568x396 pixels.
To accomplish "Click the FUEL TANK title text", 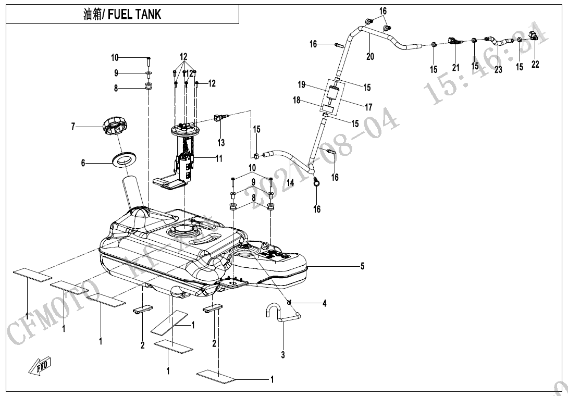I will click(122, 15).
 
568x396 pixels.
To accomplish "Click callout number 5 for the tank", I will click(362, 267).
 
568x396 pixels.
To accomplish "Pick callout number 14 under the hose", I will click(290, 182).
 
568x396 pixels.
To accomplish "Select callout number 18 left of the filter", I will click(297, 100).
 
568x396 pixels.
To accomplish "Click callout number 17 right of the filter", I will click(368, 107).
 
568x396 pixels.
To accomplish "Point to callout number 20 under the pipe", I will click(370, 56).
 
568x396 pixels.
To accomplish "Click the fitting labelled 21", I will click(454, 41).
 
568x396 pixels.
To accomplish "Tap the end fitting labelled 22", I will click(533, 36).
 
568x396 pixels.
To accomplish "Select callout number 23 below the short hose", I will click(498, 69).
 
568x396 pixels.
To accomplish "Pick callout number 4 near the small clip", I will click(324, 303).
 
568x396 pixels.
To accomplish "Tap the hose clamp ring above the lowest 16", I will click(316, 182).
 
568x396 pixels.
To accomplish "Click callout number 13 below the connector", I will click(221, 143).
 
